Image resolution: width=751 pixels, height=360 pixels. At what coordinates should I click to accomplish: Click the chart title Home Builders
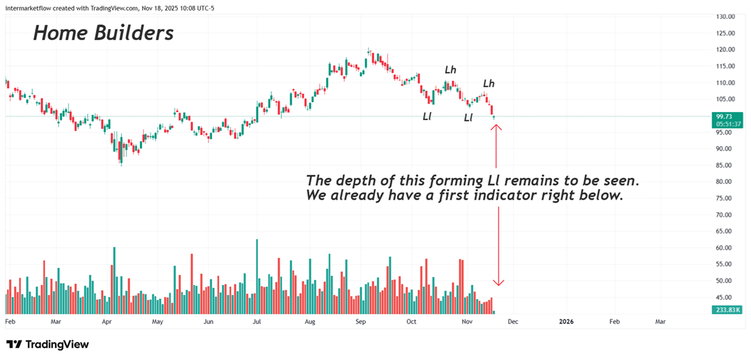(x=103, y=33)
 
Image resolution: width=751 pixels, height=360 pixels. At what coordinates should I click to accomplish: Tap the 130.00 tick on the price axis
(x=726, y=16)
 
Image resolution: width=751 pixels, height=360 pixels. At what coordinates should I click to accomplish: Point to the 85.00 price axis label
(x=726, y=165)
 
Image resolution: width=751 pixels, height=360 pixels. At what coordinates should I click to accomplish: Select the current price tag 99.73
(x=726, y=116)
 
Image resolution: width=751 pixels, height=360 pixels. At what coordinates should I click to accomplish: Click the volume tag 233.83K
(x=726, y=310)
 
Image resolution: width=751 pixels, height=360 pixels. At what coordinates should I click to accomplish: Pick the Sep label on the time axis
(x=361, y=322)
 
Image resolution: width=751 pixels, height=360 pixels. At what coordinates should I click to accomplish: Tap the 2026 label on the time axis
(x=566, y=322)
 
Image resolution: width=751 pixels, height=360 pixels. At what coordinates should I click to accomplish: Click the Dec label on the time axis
(x=513, y=322)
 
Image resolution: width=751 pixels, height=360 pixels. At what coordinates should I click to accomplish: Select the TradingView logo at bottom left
(x=48, y=344)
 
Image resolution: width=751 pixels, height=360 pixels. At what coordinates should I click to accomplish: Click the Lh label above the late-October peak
(x=451, y=69)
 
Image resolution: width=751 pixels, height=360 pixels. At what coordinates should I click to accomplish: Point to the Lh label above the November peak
(x=488, y=83)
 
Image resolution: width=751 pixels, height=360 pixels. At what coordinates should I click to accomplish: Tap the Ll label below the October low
(x=427, y=116)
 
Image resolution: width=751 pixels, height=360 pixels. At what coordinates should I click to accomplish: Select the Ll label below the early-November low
(x=468, y=118)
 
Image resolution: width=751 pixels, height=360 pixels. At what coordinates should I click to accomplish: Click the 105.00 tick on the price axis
(x=726, y=99)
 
